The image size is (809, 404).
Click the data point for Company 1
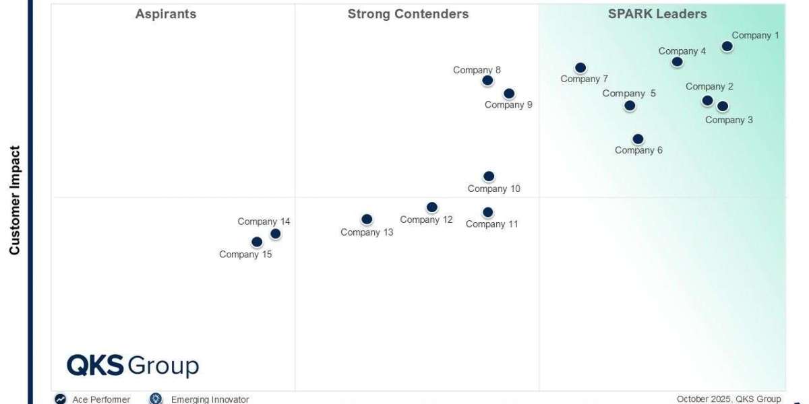(727, 46)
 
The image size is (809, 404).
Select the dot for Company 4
(677, 62)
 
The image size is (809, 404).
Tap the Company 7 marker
(580, 68)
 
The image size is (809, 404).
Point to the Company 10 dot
(489, 176)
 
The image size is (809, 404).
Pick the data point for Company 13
(367, 220)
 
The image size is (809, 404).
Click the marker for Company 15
(257, 242)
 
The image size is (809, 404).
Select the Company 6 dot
(638, 139)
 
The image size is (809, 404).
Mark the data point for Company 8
(487, 81)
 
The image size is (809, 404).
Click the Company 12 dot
(432, 207)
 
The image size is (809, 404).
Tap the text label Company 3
(729, 121)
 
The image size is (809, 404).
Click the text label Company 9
(508, 105)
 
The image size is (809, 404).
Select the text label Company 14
(264, 222)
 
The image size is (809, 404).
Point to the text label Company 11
(492, 224)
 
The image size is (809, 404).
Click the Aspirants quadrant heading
(166, 14)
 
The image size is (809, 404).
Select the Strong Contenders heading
(408, 14)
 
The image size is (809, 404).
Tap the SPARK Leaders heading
(657, 14)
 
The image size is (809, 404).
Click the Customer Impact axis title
(15, 200)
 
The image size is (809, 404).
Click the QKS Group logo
(133, 366)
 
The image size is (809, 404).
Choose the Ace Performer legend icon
(61, 399)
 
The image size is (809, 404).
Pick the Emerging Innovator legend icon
(156, 399)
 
